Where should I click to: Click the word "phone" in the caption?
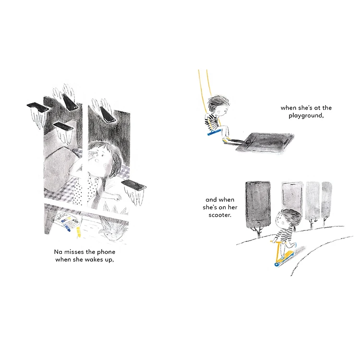click(106, 252)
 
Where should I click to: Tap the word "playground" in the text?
click(306, 116)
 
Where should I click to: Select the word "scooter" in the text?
click(219, 215)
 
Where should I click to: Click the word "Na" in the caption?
click(58, 252)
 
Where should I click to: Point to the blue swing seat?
click(214, 132)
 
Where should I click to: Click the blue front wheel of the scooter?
click(276, 264)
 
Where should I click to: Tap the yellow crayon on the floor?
click(79, 232)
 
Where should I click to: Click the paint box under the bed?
click(67, 221)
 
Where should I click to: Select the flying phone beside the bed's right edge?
click(134, 185)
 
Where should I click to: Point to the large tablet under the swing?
click(265, 142)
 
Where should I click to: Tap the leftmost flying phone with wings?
click(38, 107)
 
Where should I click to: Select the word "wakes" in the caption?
click(94, 260)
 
